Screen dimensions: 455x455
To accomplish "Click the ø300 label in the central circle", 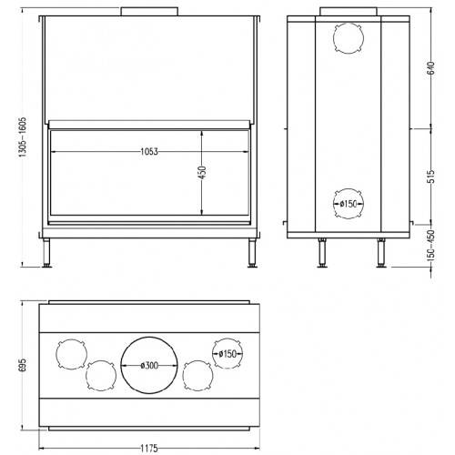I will coord(151,365).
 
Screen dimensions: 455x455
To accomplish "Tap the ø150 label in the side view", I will coord(348,203).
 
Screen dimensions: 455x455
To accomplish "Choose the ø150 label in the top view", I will coord(227,352).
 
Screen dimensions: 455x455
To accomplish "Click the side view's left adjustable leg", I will coord(320,254).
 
